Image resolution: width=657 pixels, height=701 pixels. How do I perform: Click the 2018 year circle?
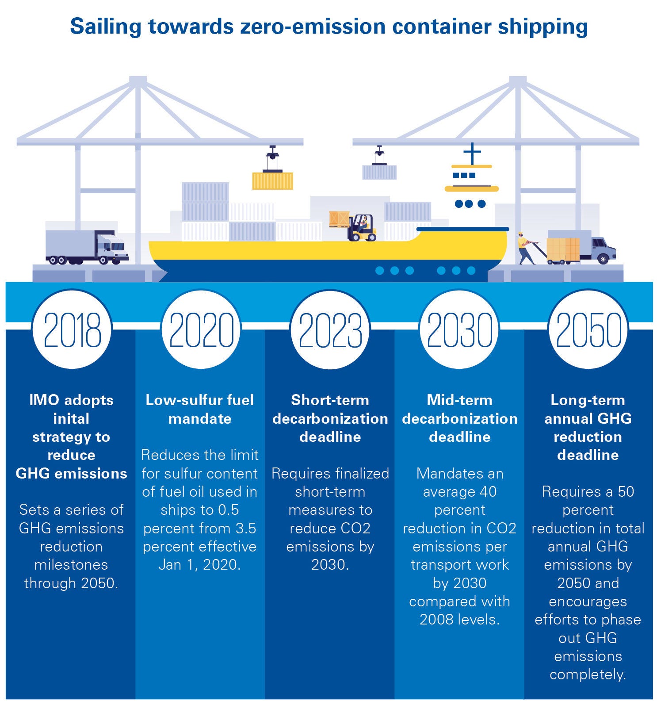pos(72,330)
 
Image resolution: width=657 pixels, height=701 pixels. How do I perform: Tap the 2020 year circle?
pos(201,330)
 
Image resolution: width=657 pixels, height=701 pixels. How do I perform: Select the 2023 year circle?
pos(330,330)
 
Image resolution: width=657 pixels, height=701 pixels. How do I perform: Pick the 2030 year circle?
pos(459,330)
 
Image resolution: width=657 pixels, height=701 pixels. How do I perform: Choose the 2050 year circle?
pos(588,330)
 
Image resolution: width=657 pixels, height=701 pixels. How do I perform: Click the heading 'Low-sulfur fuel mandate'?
pos(200,409)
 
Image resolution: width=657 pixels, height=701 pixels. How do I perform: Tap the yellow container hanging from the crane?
pos(272,181)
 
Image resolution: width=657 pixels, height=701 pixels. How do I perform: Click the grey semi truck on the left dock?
pos(87,247)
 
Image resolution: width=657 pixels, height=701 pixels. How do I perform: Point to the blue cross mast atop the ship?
pos(472,153)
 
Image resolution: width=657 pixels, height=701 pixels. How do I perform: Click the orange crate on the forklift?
pos(339,219)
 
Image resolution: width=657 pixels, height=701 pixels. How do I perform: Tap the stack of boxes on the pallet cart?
pos(563,250)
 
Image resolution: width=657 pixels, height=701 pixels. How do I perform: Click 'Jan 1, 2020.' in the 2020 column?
pos(200,565)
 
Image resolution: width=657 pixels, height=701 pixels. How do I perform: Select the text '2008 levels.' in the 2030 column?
pos(459,620)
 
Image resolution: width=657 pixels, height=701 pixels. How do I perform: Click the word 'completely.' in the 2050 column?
pos(588,674)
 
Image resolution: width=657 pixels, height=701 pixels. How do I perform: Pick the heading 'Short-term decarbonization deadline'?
pos(330,418)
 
